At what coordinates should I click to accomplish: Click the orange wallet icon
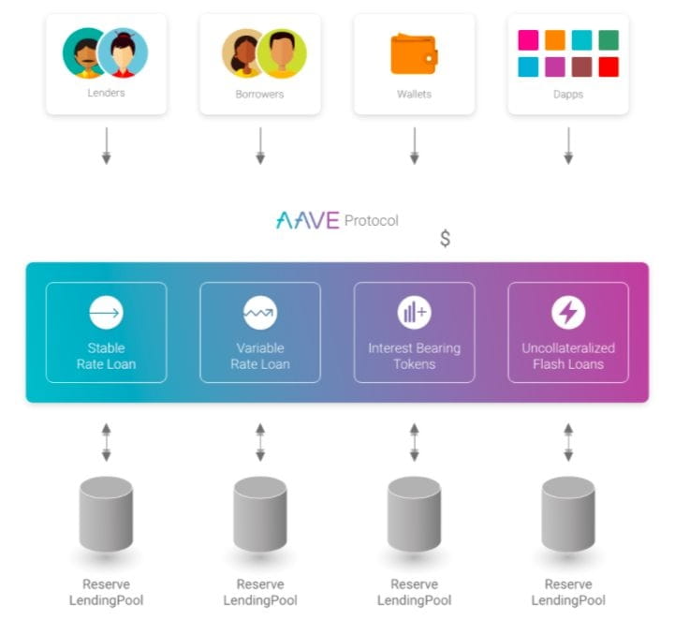(414, 54)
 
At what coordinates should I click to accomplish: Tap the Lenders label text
(106, 94)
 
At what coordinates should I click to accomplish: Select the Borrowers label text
(259, 95)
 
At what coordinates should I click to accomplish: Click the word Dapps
(568, 95)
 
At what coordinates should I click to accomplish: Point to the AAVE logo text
(307, 221)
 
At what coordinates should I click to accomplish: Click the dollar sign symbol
(445, 239)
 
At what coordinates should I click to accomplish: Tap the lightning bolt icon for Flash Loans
(568, 312)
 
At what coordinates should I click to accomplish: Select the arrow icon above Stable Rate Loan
(106, 312)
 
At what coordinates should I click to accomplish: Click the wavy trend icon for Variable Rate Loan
(259, 312)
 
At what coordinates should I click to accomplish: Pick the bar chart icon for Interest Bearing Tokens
(414, 312)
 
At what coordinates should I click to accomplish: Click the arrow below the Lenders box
(106, 146)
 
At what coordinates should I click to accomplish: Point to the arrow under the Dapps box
(568, 146)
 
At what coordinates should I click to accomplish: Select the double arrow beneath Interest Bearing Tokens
(414, 442)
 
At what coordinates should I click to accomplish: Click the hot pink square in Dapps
(528, 40)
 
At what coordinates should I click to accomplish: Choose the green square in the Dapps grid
(609, 40)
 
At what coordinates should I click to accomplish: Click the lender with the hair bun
(124, 52)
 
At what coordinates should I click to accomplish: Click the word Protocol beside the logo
(371, 221)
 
